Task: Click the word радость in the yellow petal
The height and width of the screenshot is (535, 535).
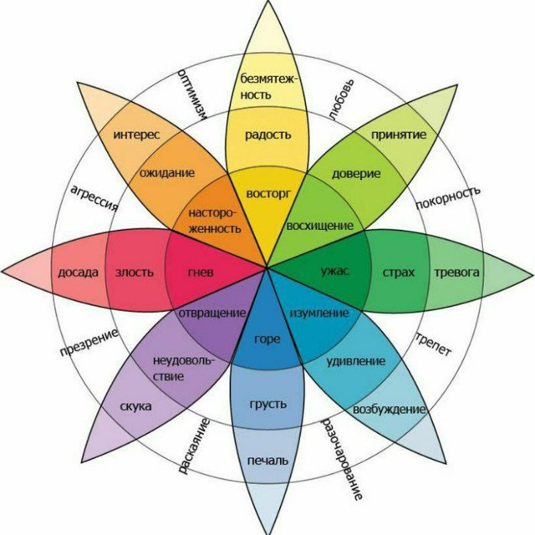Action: [268, 135]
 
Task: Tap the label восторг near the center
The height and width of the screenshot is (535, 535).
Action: [268, 194]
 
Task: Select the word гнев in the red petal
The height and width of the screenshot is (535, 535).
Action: [201, 272]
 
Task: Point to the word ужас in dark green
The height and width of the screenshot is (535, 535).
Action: [334, 271]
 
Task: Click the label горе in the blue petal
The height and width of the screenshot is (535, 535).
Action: [267, 339]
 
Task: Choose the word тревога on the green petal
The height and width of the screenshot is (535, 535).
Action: [456, 273]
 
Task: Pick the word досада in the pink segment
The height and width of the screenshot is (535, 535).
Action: [78, 273]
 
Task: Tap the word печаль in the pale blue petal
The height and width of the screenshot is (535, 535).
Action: [267, 461]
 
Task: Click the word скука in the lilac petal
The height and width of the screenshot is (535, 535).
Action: [135, 406]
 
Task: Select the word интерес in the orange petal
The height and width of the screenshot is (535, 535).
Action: [136, 135]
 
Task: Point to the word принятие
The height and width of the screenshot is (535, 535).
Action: [399, 135]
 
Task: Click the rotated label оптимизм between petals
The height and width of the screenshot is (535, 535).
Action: [192, 94]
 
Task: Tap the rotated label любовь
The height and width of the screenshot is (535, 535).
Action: [342, 99]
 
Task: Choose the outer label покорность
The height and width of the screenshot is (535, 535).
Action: [448, 198]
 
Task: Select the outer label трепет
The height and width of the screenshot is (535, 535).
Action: [433, 344]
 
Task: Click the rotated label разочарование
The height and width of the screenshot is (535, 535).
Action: [342, 459]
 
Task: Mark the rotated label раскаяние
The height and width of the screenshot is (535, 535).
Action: [193, 446]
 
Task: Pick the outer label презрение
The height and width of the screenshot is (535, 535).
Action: [89, 343]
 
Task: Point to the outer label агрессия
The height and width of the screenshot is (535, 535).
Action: [94, 198]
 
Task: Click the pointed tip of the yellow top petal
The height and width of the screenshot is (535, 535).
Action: [268, 1]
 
